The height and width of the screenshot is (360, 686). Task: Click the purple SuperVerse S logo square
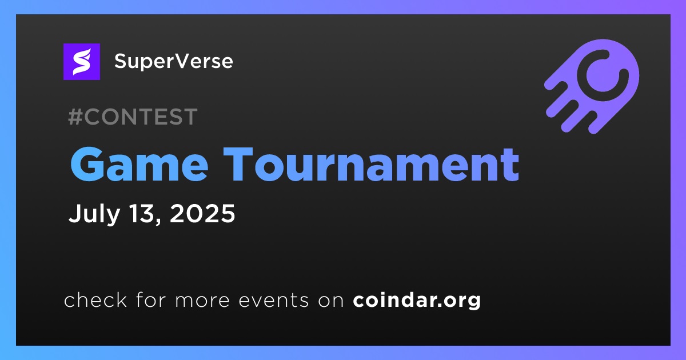(x=81, y=62)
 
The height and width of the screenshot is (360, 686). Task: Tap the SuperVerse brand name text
(x=174, y=61)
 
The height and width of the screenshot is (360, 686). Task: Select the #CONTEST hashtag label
(x=133, y=117)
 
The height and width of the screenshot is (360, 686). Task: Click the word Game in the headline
(x=139, y=165)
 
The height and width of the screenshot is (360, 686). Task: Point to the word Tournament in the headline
(x=371, y=165)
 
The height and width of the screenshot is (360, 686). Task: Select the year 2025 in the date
(x=202, y=213)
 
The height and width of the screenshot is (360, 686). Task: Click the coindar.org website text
(x=417, y=301)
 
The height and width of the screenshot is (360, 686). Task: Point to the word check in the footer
(x=95, y=299)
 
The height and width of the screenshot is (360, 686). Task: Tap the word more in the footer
(x=202, y=301)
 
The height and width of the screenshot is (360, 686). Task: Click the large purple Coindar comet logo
(x=592, y=86)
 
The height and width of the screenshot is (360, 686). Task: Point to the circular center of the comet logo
(x=603, y=75)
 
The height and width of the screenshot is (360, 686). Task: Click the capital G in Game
(x=88, y=165)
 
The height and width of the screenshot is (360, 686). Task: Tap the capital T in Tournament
(x=238, y=164)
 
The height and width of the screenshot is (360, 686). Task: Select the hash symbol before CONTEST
(x=75, y=117)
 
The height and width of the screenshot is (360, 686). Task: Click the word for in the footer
(x=151, y=299)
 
